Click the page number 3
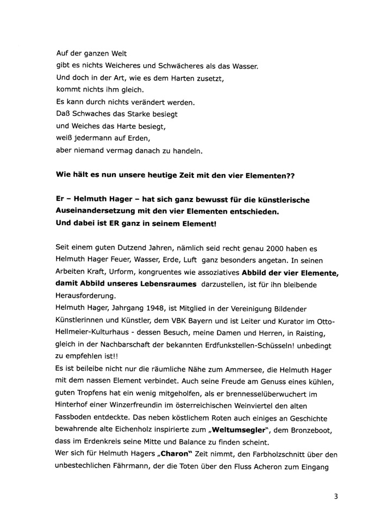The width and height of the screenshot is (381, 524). click(337, 496)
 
